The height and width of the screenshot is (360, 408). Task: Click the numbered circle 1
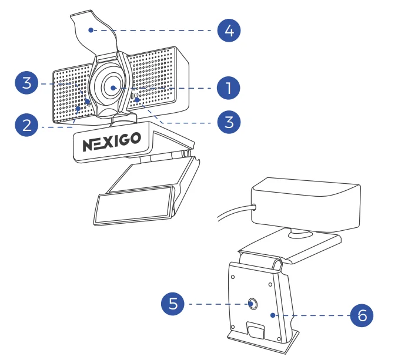(228, 88)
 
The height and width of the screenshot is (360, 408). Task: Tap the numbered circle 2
(26, 125)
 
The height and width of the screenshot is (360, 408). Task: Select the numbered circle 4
(229, 30)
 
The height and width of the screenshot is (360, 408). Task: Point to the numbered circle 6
(362, 315)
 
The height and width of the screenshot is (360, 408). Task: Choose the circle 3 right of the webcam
(229, 122)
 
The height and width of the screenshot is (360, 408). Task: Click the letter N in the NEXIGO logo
(86, 143)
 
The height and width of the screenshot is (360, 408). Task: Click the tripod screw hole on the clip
(252, 304)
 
